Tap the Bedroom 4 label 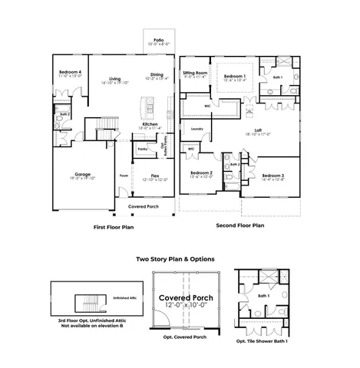pos(70,72)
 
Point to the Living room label pos(115,79)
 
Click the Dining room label pos(157,74)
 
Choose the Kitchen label pos(150,124)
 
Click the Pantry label pos(142,149)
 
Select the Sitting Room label pos(195,74)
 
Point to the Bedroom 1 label pos(234,76)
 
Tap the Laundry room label pos(219,129)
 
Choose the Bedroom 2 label pos(201,173)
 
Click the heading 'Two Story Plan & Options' pos(175,259)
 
